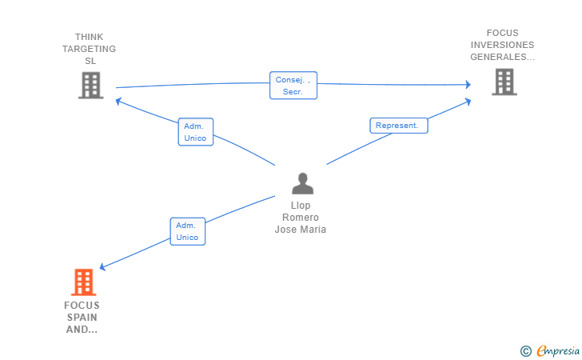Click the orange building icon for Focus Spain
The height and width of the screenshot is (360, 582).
83,282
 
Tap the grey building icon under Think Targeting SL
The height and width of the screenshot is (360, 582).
90,85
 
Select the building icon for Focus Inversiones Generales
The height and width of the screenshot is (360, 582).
504,82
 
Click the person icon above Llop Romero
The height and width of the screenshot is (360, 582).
302,183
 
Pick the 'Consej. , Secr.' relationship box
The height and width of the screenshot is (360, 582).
293,86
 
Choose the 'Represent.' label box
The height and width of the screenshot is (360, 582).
399,126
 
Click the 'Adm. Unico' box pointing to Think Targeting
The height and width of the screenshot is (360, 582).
196,132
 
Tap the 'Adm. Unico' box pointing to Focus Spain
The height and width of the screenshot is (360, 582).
188,231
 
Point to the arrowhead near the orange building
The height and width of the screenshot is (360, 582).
103,266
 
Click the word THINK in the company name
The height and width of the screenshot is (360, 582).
89,37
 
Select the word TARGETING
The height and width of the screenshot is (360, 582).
89,49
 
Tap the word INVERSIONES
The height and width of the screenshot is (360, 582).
503,45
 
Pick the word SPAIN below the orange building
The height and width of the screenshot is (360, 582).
82,318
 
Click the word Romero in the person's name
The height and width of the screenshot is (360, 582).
301,218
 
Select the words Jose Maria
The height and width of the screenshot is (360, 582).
301,230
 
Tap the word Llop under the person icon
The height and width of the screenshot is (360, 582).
301,206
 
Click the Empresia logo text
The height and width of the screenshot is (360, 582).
558,350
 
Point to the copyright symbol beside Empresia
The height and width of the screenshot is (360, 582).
526,351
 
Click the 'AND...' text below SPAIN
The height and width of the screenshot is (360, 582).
82,329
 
